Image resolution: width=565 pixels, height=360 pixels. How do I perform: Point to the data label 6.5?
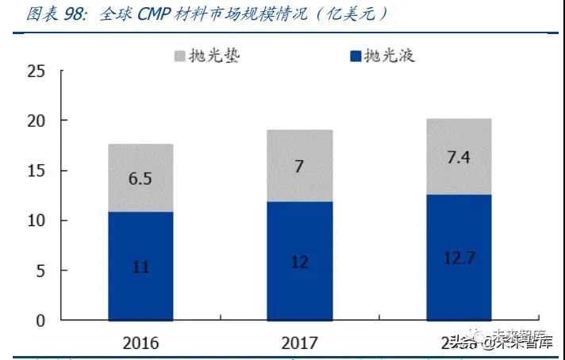(140, 179)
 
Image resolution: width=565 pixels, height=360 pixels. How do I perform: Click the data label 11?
(140, 267)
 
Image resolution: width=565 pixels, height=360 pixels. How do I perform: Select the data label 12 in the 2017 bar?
(299, 262)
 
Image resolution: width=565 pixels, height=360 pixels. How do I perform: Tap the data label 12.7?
(458, 258)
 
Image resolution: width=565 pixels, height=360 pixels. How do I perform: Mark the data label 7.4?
(458, 157)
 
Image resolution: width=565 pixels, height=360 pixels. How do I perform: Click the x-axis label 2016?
(140, 343)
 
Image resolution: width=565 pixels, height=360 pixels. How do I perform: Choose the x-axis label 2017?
(299, 343)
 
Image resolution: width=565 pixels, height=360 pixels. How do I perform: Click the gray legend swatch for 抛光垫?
(179, 56)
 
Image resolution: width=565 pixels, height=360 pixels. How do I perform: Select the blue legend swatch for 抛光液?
(355, 56)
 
